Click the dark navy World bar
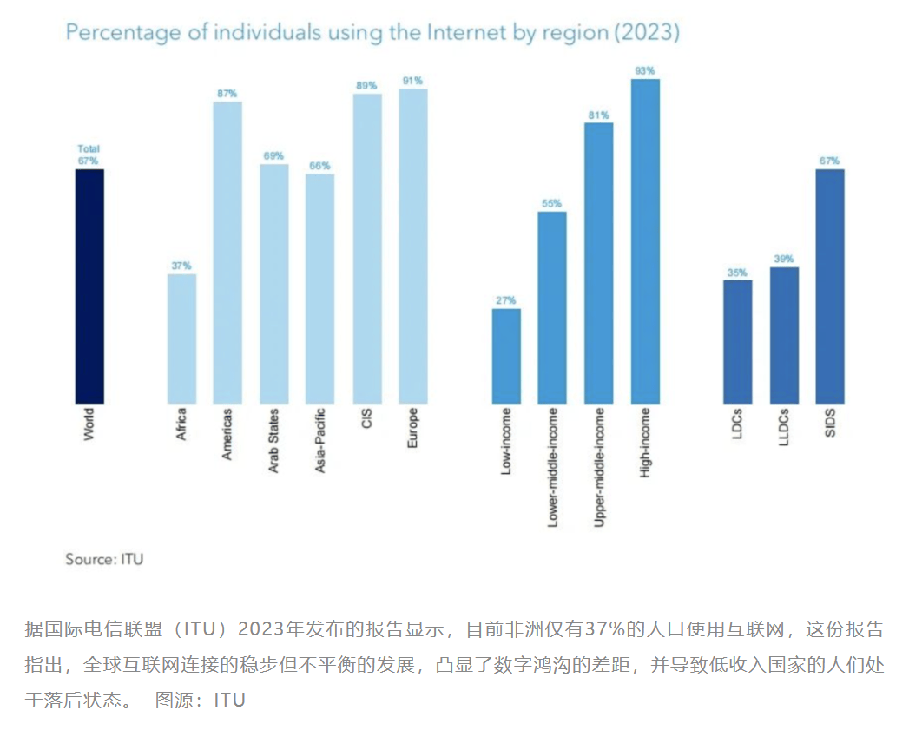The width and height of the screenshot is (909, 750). [89, 286]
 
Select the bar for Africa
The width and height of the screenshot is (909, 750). [181, 339]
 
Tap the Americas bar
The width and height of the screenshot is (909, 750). [227, 252]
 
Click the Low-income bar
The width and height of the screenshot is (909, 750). [506, 356]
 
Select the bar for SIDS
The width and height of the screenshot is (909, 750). [830, 286]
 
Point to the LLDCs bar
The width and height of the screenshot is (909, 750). [784, 335]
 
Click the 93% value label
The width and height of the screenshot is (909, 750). [645, 70]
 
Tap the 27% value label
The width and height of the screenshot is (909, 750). [506, 300]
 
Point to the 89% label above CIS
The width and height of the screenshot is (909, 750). [366, 85]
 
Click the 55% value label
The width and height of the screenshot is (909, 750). [552, 203]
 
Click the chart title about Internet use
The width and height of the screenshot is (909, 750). [372, 33]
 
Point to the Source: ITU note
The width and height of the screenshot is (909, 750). [104, 559]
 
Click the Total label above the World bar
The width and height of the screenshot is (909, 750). [89, 149]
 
